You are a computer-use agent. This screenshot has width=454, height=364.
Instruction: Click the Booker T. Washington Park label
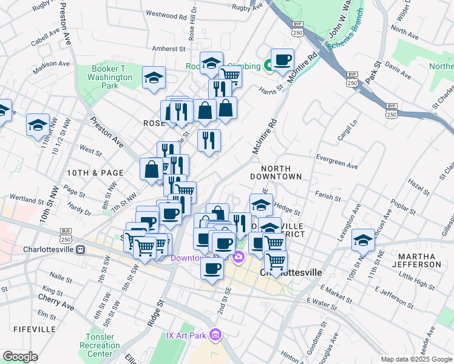110,78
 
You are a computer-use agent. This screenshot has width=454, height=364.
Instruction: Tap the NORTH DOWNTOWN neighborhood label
281,172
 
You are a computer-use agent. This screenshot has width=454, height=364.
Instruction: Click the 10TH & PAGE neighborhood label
95,173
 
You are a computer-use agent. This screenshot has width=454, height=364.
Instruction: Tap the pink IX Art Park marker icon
214,334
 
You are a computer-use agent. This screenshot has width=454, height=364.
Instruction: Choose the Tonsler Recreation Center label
100,345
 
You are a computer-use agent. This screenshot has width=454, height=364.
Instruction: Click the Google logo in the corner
19,357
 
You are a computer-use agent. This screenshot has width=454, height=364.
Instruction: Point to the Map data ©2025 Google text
416,359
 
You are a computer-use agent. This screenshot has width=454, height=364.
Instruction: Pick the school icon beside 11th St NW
38,124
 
